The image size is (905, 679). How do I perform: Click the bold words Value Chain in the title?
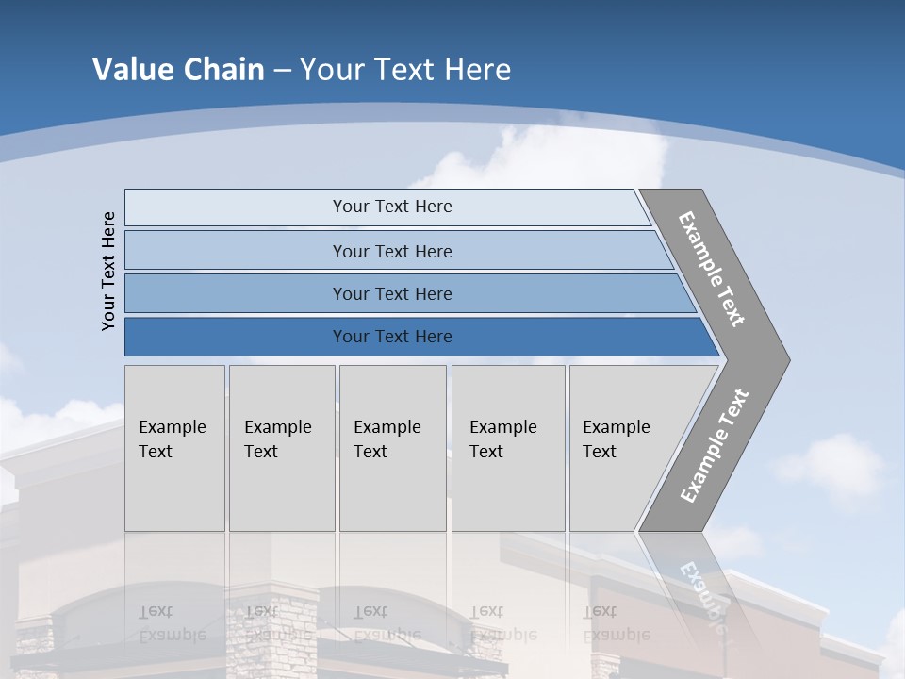pyautogui.click(x=178, y=70)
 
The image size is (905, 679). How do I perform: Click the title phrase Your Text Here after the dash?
pyautogui.click(x=405, y=70)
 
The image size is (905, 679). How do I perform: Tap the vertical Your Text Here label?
pyautogui.click(x=108, y=271)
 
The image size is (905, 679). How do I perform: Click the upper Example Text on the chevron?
pyautogui.click(x=712, y=269)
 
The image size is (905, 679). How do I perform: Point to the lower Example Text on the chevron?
pyautogui.click(x=715, y=446)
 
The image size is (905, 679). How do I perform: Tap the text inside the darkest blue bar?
pyautogui.click(x=392, y=337)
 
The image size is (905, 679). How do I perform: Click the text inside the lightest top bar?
pyautogui.click(x=392, y=207)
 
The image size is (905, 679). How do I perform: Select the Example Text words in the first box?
pyautogui.click(x=172, y=439)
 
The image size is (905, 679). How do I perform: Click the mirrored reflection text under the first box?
pyautogui.click(x=172, y=623)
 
